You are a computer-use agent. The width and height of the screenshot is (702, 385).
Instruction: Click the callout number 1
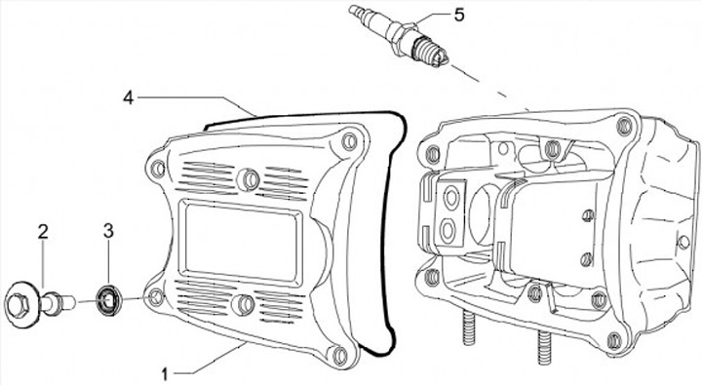(x=165, y=374)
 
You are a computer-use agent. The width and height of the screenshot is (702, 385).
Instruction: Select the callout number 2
(x=43, y=232)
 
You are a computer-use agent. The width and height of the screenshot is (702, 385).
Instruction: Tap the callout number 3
(x=108, y=231)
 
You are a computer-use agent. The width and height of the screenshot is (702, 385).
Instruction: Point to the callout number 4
(x=129, y=97)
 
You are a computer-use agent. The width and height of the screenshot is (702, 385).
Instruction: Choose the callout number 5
(x=459, y=15)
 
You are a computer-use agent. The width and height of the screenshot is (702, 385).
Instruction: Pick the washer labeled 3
(x=107, y=299)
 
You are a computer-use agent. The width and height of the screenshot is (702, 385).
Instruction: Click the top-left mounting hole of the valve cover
(x=158, y=170)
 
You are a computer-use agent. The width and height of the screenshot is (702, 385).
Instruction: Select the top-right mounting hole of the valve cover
(x=349, y=141)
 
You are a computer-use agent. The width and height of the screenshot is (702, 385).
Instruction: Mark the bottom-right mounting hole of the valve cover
(x=340, y=355)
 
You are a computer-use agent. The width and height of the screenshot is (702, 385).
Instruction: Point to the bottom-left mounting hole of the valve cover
(x=156, y=297)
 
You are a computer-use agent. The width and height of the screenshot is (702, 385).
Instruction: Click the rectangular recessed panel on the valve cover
(x=240, y=243)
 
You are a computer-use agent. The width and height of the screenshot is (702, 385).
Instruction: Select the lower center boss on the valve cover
(x=244, y=304)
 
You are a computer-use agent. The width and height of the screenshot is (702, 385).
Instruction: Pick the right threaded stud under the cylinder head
(x=545, y=347)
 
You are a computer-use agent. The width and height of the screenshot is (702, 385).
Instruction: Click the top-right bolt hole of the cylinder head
(x=624, y=127)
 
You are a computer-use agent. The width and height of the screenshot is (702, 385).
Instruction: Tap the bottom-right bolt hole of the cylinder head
(x=615, y=341)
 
